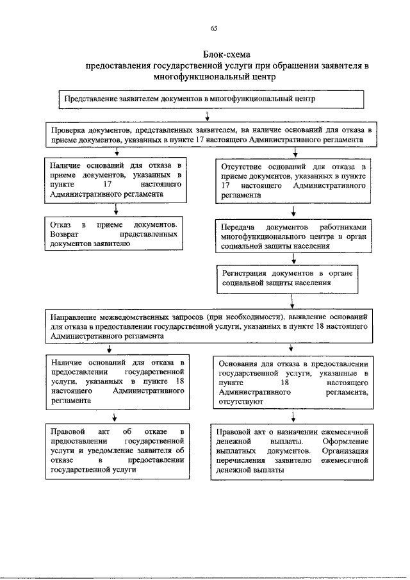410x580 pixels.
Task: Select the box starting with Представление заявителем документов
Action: tap(211, 101)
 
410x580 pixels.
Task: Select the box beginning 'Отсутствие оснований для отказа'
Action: tap(293, 181)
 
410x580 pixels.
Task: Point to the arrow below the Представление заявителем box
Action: tap(208, 115)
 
